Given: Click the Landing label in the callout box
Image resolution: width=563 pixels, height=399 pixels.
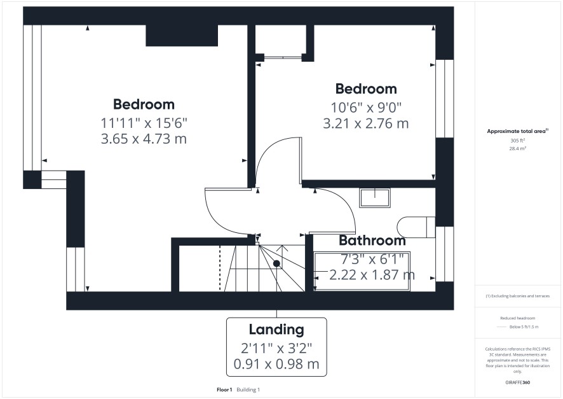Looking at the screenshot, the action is click(276, 329).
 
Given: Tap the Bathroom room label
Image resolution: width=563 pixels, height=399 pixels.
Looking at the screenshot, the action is click(372, 240).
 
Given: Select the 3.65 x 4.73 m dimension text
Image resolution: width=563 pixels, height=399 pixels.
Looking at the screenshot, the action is click(144, 139).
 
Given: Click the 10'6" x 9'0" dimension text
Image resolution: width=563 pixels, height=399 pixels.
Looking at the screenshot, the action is click(366, 107).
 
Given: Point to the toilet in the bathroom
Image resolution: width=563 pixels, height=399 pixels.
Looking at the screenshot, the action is click(416, 227).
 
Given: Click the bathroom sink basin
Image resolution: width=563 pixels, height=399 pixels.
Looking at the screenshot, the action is click(375, 198).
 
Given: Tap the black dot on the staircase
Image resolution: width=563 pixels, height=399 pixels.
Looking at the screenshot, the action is click(276, 263).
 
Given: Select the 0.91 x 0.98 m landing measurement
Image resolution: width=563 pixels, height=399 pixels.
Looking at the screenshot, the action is click(276, 364).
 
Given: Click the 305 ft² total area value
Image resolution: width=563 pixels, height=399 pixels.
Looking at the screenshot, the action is click(518, 141).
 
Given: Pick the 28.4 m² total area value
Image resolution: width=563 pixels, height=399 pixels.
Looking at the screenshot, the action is click(518, 148).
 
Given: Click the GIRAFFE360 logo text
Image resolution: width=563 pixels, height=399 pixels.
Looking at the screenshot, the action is click(518, 382).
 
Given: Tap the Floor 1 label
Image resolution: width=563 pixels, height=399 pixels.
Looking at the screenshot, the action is click(224, 389).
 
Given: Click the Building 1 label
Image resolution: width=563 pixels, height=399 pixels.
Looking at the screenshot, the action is click(248, 389).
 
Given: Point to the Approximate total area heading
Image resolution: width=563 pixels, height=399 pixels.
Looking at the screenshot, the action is click(517, 131).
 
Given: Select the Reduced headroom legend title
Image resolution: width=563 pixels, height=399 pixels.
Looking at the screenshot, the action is click(518, 318).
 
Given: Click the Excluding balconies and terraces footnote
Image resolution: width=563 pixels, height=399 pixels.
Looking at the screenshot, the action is click(518, 296).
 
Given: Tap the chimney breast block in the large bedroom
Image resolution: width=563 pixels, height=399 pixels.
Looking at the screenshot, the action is click(182, 36).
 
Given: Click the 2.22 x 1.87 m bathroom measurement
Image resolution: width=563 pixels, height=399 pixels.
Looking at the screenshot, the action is click(372, 275).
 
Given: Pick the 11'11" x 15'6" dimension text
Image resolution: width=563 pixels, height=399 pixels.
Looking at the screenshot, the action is click(144, 123).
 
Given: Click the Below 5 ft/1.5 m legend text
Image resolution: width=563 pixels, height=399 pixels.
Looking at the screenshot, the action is click(524, 326).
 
